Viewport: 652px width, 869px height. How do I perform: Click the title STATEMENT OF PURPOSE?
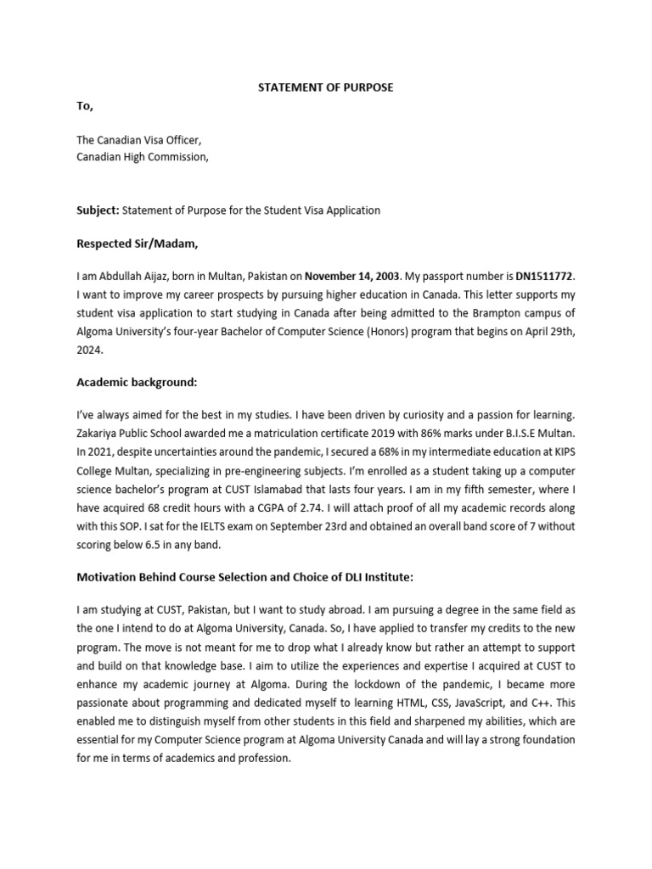[326, 88]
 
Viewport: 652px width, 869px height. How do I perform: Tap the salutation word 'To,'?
[86, 106]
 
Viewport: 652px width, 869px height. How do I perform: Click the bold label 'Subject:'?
[99, 210]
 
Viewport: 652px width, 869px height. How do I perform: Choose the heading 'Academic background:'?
[137, 383]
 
